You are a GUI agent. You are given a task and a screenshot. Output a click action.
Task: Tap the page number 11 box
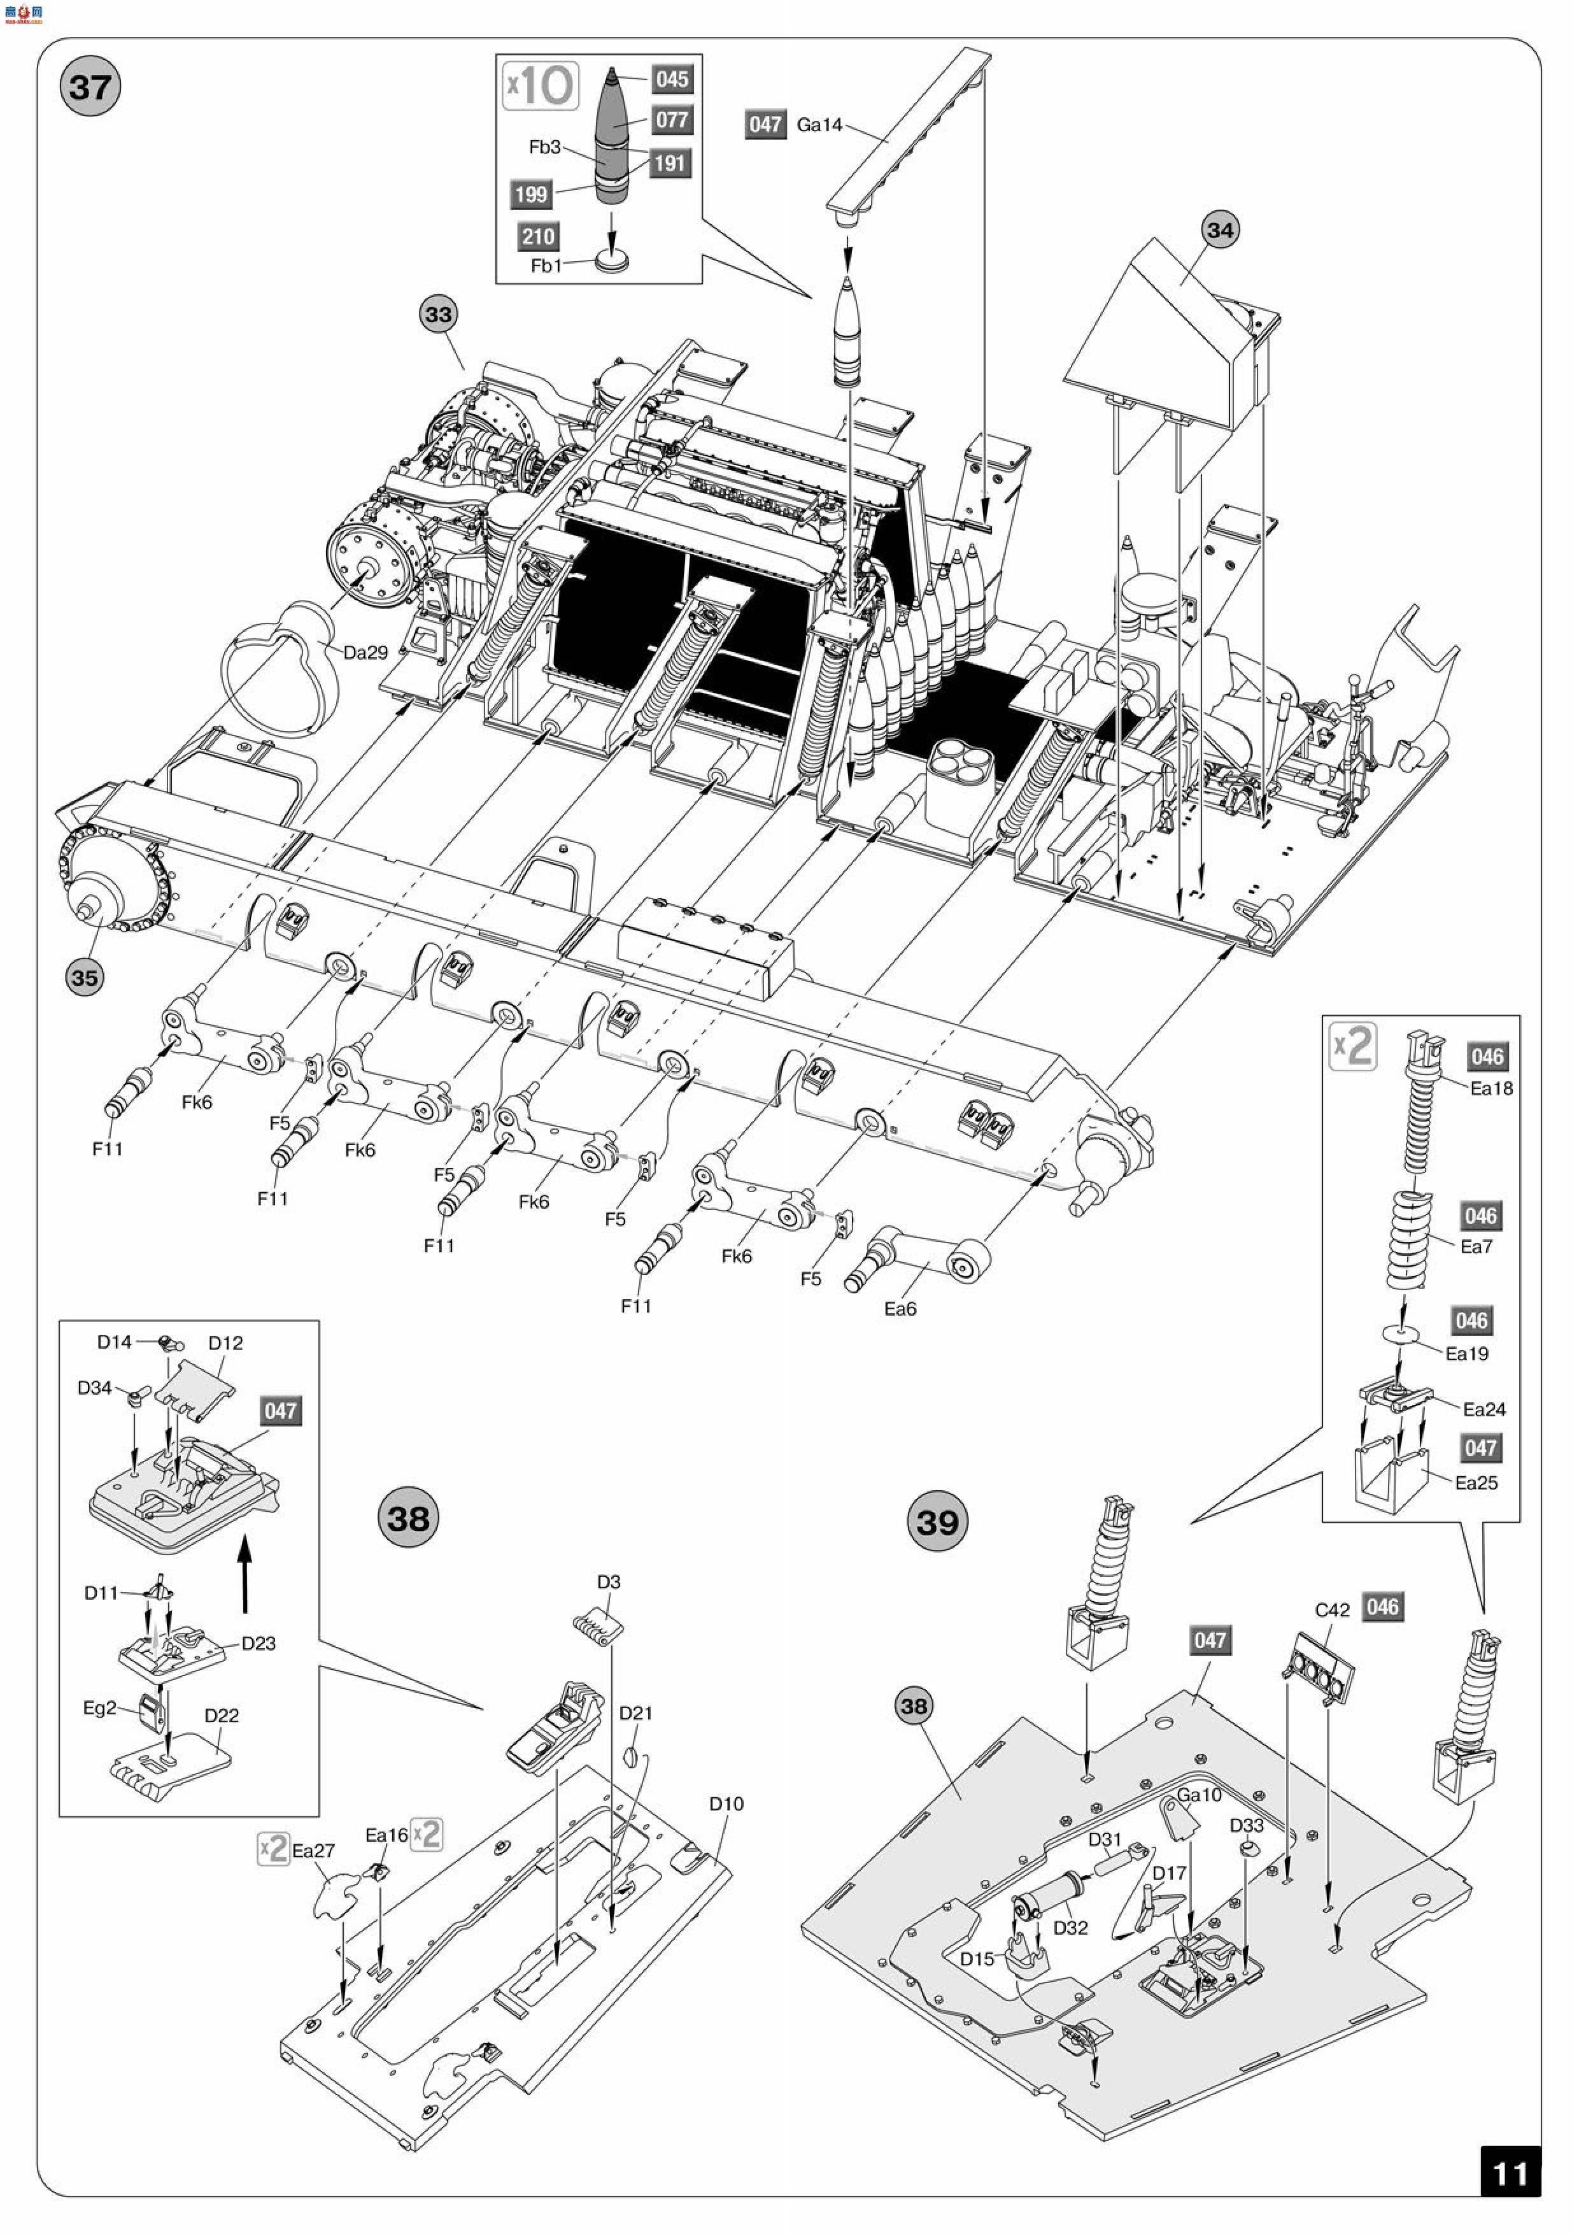[x=1510, y=2173]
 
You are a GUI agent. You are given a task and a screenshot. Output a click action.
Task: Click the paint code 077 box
[x=671, y=120]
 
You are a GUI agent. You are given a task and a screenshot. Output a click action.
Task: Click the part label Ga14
[x=819, y=125]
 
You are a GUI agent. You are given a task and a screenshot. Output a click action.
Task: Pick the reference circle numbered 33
[x=439, y=315]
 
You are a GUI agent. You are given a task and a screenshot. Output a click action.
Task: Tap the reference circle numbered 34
[x=1219, y=231]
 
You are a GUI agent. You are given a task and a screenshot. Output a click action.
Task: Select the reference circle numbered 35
[x=85, y=978]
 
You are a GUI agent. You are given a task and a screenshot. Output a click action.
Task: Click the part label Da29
[x=366, y=653]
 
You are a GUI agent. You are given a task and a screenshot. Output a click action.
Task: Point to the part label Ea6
[x=900, y=1309]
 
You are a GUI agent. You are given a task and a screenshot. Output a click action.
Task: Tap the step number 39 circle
[x=937, y=1522]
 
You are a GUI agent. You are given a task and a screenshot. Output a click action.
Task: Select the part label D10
[x=726, y=1804]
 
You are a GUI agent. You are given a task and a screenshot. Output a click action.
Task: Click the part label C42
[x=1332, y=1611]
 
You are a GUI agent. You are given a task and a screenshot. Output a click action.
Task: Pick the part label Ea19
[x=1466, y=1353]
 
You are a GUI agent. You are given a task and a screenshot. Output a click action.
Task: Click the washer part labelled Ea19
[x=1401, y=1331]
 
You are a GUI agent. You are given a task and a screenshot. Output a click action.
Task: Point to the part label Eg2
[x=99, y=1707]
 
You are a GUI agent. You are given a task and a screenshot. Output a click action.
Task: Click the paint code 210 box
[x=538, y=236]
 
